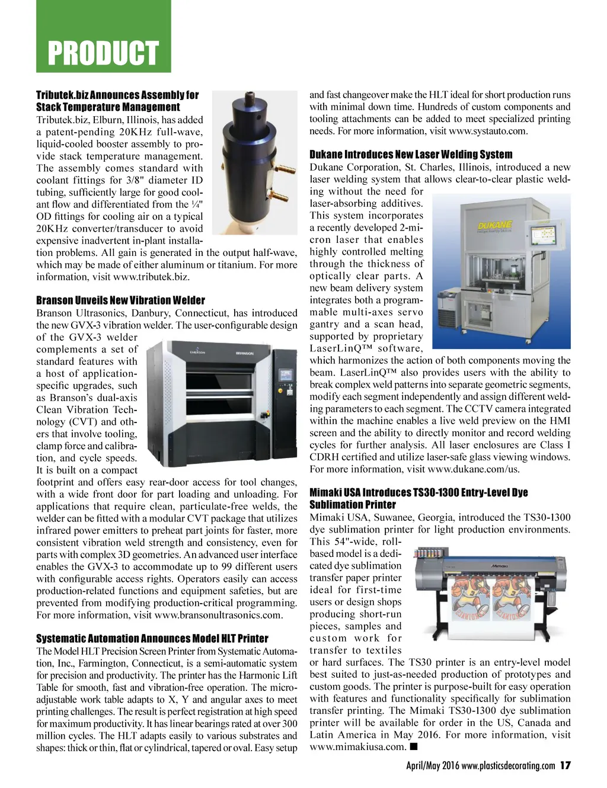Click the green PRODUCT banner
[x=103, y=53]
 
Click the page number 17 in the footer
[x=565, y=765]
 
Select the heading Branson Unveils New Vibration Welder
[x=120, y=300]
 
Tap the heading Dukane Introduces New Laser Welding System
[x=411, y=155]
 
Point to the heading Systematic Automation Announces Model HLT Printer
[x=152, y=639]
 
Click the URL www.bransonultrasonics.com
[x=218, y=615]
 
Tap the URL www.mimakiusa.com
[x=356, y=747]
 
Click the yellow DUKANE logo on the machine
[x=495, y=226]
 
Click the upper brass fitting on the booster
[x=286, y=171]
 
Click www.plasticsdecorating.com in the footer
[x=508, y=765]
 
